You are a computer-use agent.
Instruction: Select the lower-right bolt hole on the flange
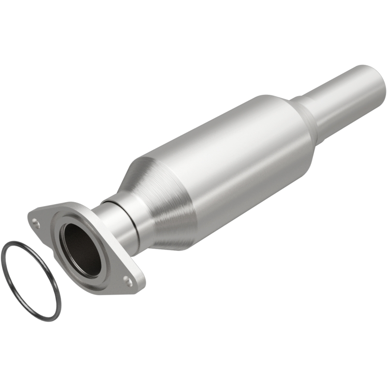(x=128, y=279)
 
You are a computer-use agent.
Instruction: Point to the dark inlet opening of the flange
(x=81, y=249)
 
